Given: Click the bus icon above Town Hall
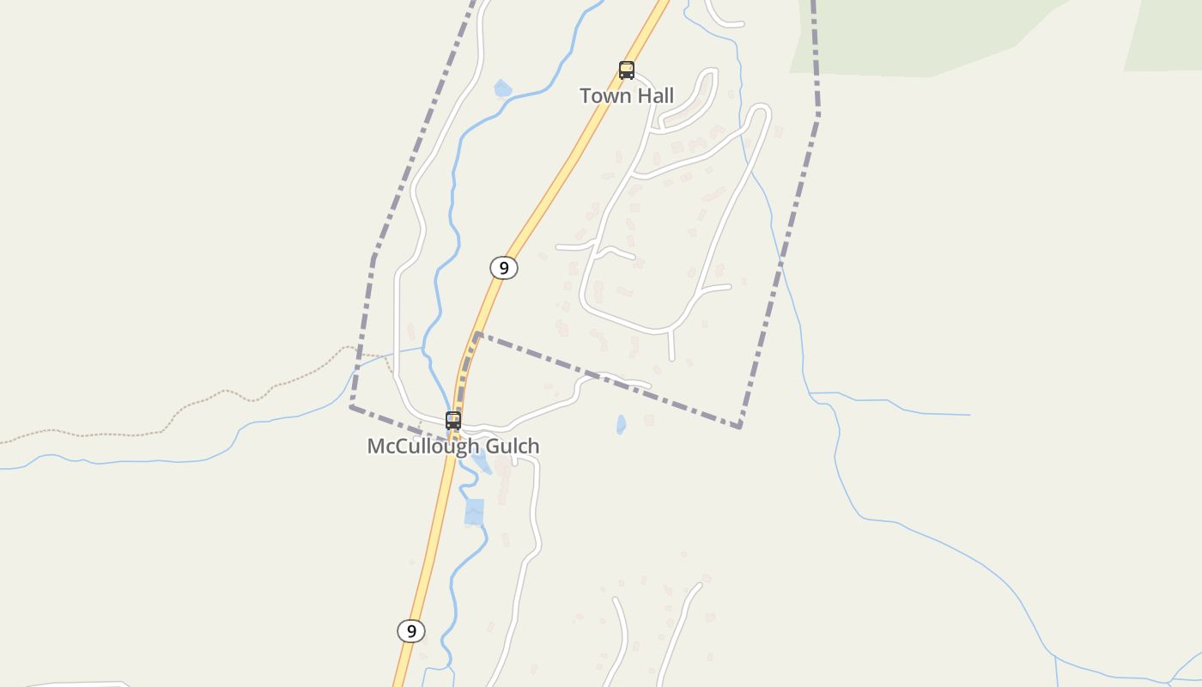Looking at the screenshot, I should [x=627, y=70].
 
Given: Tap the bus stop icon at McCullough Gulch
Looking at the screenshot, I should [x=453, y=421].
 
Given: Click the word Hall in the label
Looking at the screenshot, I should [x=654, y=95].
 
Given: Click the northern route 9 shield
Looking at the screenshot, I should [x=504, y=268].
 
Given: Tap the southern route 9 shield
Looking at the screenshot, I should [x=411, y=631].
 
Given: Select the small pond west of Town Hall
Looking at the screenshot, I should [x=503, y=88].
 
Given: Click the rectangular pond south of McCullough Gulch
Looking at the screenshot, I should [x=474, y=512].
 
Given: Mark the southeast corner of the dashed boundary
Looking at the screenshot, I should [x=739, y=426].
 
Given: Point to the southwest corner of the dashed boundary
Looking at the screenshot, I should [x=351, y=407].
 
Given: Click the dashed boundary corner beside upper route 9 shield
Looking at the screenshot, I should [x=477, y=334].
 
